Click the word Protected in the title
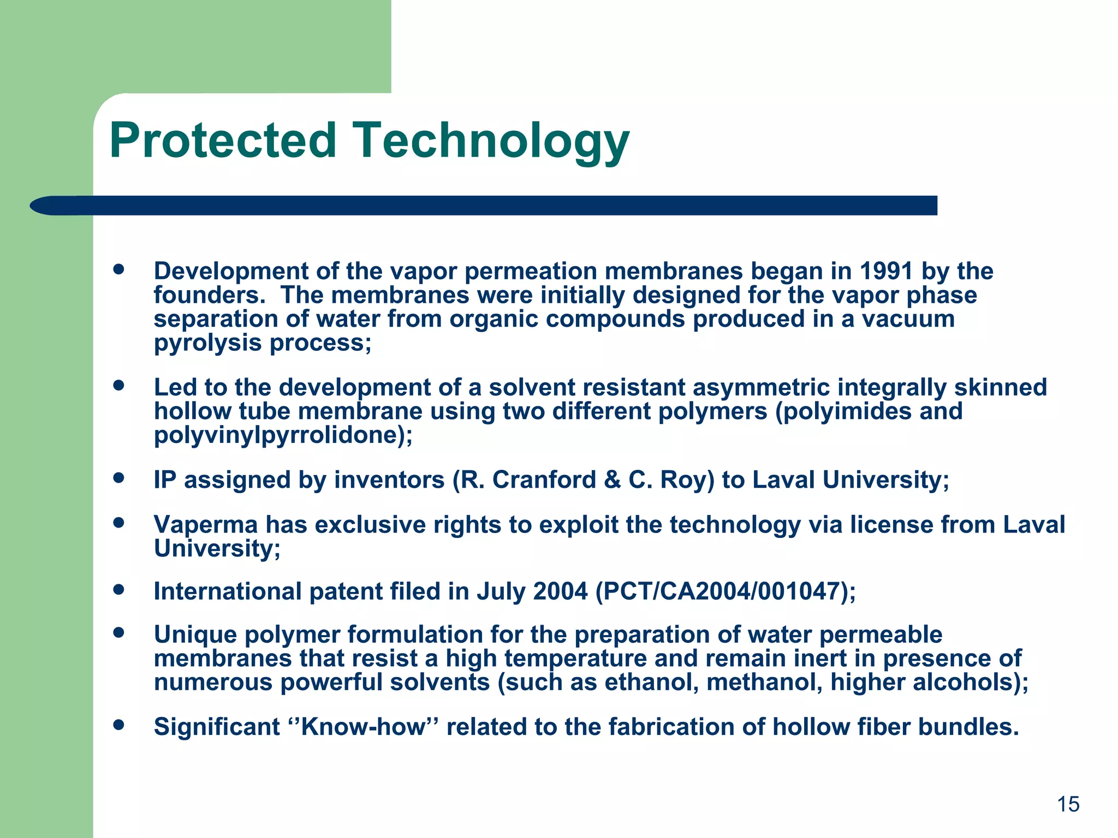tap(223, 141)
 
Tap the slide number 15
tap(1068, 804)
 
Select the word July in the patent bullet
tap(501, 591)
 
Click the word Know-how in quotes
tap(362, 727)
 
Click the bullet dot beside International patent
tap(118, 589)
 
